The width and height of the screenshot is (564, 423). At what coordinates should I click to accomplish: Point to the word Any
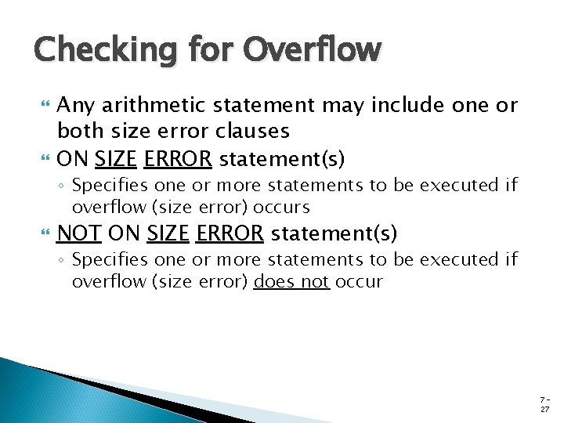[74, 106]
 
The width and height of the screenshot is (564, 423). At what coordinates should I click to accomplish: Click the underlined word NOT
[78, 233]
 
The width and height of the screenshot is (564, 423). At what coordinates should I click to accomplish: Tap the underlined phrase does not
[291, 282]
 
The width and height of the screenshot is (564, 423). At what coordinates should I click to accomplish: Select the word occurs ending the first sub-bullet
[284, 208]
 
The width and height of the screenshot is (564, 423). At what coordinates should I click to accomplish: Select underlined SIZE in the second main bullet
[117, 159]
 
